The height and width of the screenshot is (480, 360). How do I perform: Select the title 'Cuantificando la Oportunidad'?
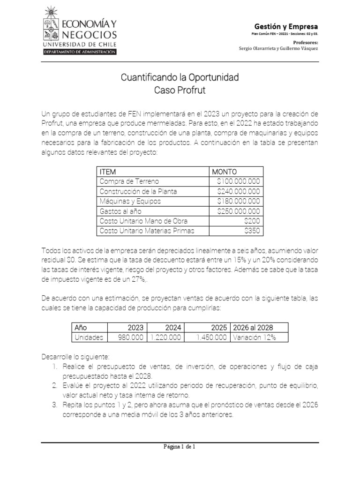(180, 76)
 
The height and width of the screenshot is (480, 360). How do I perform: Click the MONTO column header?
(225, 172)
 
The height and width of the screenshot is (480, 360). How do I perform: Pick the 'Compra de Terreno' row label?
(129, 181)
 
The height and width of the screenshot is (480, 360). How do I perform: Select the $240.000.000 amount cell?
(239, 191)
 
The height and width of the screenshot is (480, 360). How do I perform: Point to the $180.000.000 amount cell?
(239, 201)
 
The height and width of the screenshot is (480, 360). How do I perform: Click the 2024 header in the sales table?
(174, 328)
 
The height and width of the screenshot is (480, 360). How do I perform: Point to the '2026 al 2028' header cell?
(253, 328)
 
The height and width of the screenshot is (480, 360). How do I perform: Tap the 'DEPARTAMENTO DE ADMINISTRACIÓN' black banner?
(79, 52)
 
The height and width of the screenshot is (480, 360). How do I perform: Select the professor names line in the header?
(278, 48)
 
